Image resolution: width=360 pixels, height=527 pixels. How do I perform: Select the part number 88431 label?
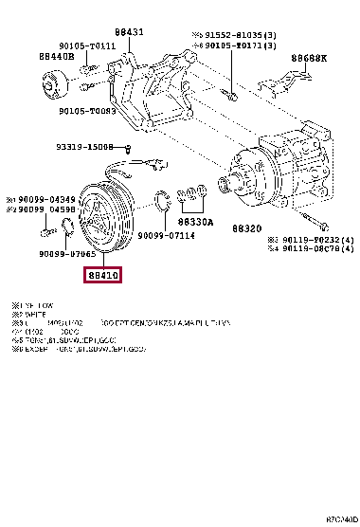pos(130,32)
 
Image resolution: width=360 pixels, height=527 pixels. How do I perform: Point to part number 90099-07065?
pos(67,255)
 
